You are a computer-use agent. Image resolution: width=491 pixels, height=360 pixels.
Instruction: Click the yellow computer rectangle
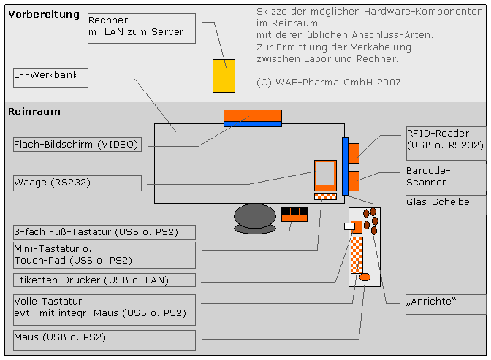(x=224, y=76)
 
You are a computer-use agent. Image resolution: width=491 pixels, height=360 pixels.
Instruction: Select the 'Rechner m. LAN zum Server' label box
(x=142, y=27)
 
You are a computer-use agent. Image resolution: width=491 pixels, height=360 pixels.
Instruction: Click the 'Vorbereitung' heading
(x=44, y=14)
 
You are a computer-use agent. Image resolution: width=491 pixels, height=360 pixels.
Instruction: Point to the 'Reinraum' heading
(x=34, y=112)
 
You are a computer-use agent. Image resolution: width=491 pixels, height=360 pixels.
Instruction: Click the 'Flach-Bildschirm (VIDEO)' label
(x=77, y=145)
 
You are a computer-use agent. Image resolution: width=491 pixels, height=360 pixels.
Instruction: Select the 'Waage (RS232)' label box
(x=77, y=183)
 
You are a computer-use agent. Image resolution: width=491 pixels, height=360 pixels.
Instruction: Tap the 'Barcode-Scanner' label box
(x=444, y=175)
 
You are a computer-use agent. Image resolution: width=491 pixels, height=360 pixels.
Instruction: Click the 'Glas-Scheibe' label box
(x=444, y=202)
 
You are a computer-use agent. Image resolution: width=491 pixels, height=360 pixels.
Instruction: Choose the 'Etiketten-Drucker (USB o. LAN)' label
(x=104, y=280)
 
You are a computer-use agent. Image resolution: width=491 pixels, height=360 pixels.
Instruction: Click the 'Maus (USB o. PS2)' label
(x=104, y=337)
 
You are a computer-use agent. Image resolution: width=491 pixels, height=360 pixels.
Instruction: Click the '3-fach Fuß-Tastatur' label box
(x=104, y=232)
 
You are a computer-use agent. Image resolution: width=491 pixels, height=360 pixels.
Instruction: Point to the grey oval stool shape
(x=254, y=216)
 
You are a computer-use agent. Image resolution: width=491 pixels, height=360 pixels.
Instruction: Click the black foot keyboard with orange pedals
(x=294, y=215)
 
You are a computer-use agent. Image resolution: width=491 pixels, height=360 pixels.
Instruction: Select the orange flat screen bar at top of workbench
(x=252, y=115)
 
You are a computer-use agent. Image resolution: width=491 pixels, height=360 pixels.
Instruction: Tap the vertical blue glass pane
(x=345, y=166)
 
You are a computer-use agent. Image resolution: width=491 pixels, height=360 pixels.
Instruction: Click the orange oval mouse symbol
(x=365, y=277)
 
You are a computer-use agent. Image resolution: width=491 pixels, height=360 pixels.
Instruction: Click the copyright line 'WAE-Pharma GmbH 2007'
(x=329, y=83)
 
